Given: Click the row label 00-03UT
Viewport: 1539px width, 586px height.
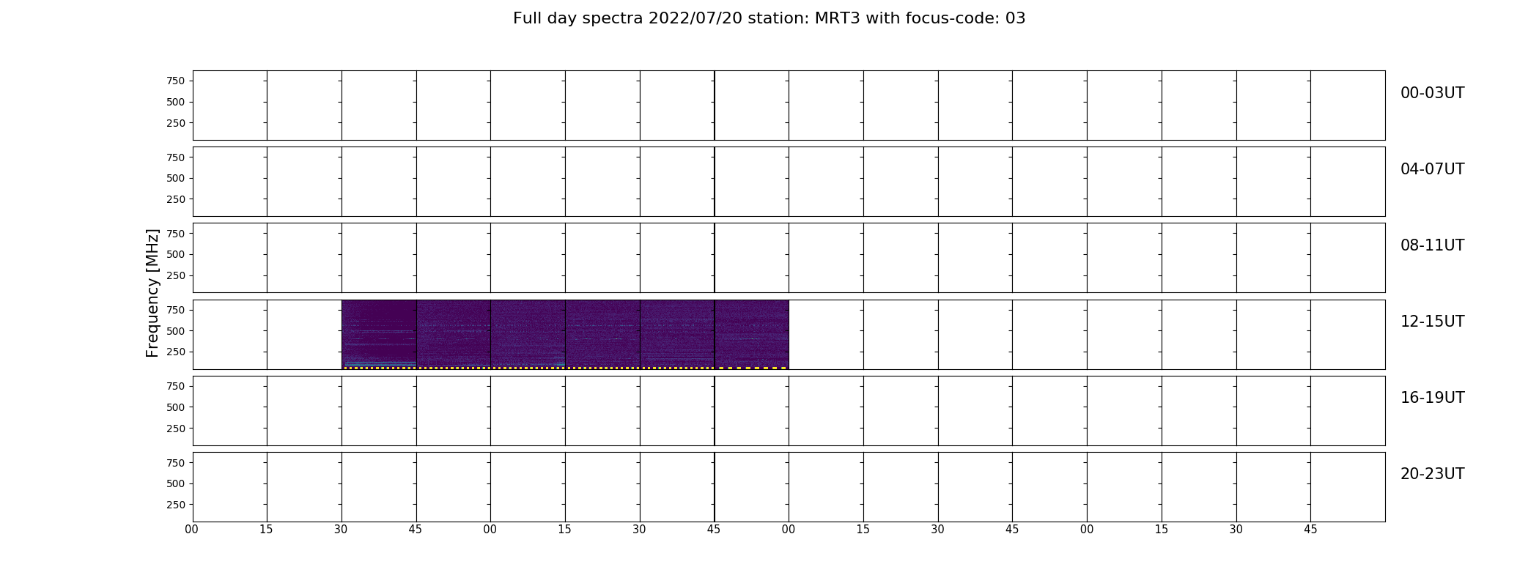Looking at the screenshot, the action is point(1432,93).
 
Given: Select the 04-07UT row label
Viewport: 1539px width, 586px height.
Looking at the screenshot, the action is point(1432,169).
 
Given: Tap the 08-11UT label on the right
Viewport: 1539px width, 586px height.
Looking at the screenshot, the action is point(1432,245).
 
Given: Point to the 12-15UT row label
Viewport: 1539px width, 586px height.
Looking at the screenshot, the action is point(1432,322).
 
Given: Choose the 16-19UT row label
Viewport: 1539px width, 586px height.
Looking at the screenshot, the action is point(1432,398).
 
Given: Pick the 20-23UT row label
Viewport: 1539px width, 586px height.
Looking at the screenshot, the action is point(1432,474).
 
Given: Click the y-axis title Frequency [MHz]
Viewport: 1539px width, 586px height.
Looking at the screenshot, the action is point(152,293).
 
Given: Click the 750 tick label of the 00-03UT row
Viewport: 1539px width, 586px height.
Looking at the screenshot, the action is point(175,81).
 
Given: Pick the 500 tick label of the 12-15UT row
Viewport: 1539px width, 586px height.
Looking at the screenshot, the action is point(175,331).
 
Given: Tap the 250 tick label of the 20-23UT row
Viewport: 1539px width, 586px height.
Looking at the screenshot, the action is point(175,505).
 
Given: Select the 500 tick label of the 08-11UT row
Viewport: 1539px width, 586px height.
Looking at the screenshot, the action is point(175,255).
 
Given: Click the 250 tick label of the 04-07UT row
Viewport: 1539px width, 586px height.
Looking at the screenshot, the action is point(175,199).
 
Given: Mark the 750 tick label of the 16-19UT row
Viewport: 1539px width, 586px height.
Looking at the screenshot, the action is point(175,386).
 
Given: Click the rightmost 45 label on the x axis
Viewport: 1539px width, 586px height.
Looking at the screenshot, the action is point(1310,530).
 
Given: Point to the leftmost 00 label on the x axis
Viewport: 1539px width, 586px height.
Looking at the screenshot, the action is point(192,530).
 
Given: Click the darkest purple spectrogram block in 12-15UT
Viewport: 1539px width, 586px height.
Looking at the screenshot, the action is point(379,333).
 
